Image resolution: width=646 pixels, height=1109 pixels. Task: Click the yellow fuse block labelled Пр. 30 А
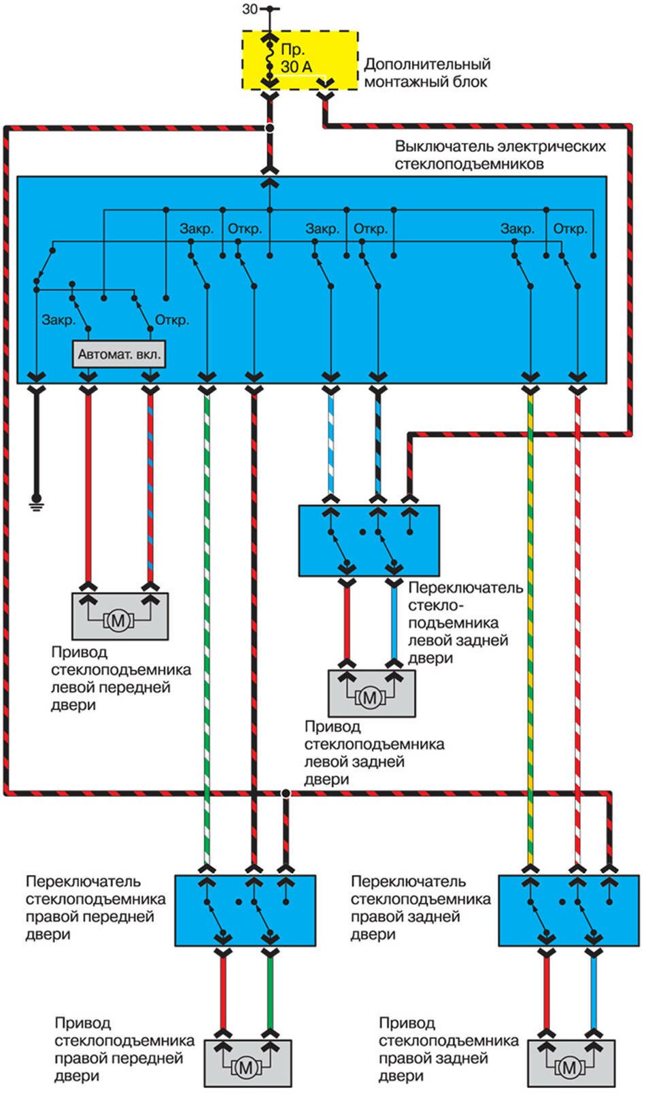300,60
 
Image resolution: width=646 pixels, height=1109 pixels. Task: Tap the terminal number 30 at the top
250,10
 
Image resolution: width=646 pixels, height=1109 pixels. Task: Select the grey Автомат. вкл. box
119,354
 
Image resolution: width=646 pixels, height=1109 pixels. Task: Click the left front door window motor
120,616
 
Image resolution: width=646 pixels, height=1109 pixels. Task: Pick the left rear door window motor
371,694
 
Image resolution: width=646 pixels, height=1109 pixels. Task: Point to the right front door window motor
248,1063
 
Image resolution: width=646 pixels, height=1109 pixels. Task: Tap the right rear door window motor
571,1063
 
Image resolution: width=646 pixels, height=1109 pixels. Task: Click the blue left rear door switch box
369,541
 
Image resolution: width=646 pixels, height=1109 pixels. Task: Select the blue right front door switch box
245,910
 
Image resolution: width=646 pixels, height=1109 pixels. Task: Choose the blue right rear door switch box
568,910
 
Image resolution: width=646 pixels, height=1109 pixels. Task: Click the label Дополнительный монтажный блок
427,73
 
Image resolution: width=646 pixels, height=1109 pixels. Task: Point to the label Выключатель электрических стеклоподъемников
500,155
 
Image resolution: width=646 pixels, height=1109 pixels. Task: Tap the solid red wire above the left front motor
88,490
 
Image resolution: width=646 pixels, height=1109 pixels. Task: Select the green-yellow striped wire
530,612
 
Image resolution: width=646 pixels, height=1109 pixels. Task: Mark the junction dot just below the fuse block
270,128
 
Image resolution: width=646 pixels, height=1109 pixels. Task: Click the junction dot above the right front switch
286,794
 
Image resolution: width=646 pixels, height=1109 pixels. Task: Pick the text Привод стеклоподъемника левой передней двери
121,679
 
